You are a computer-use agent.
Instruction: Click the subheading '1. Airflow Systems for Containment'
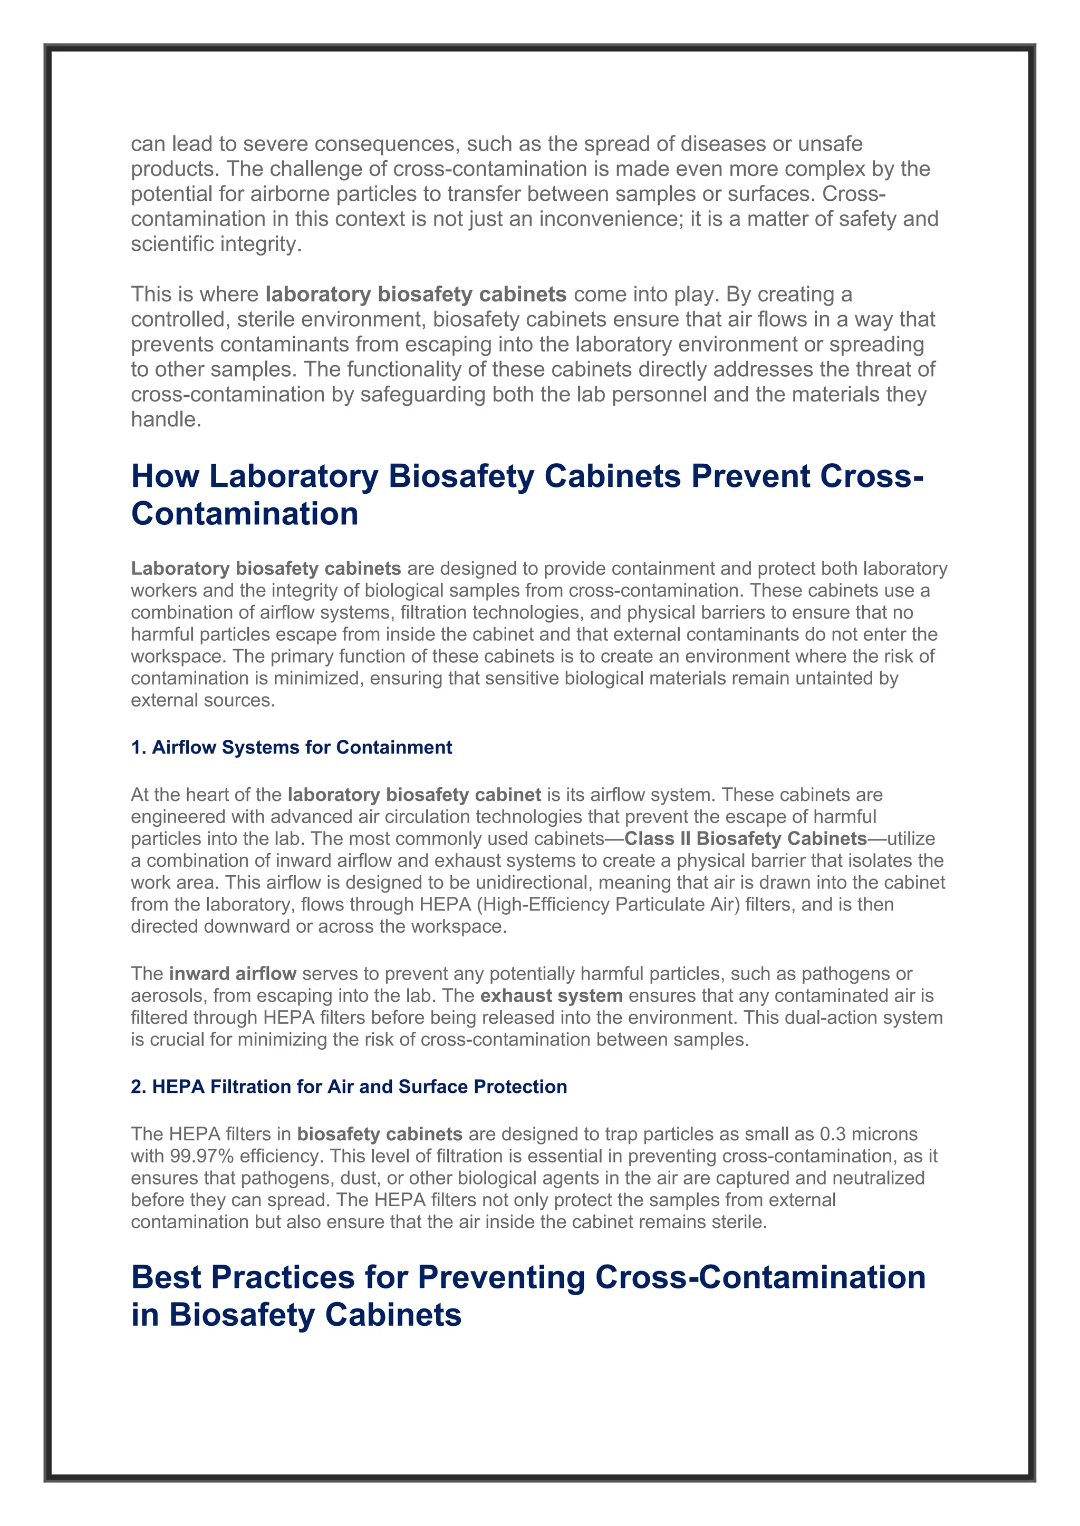point(291,747)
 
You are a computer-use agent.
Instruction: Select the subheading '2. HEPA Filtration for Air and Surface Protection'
point(349,1086)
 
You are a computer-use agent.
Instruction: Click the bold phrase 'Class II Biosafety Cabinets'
point(746,839)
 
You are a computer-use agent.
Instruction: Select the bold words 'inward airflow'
point(232,974)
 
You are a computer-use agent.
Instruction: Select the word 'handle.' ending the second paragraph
point(166,419)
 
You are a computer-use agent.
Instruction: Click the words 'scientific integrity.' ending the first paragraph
point(216,244)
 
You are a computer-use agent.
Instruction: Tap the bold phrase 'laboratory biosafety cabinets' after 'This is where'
point(416,295)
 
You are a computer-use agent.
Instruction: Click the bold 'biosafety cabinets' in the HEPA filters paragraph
point(379,1134)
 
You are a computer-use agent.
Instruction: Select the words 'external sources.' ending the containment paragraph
point(203,700)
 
